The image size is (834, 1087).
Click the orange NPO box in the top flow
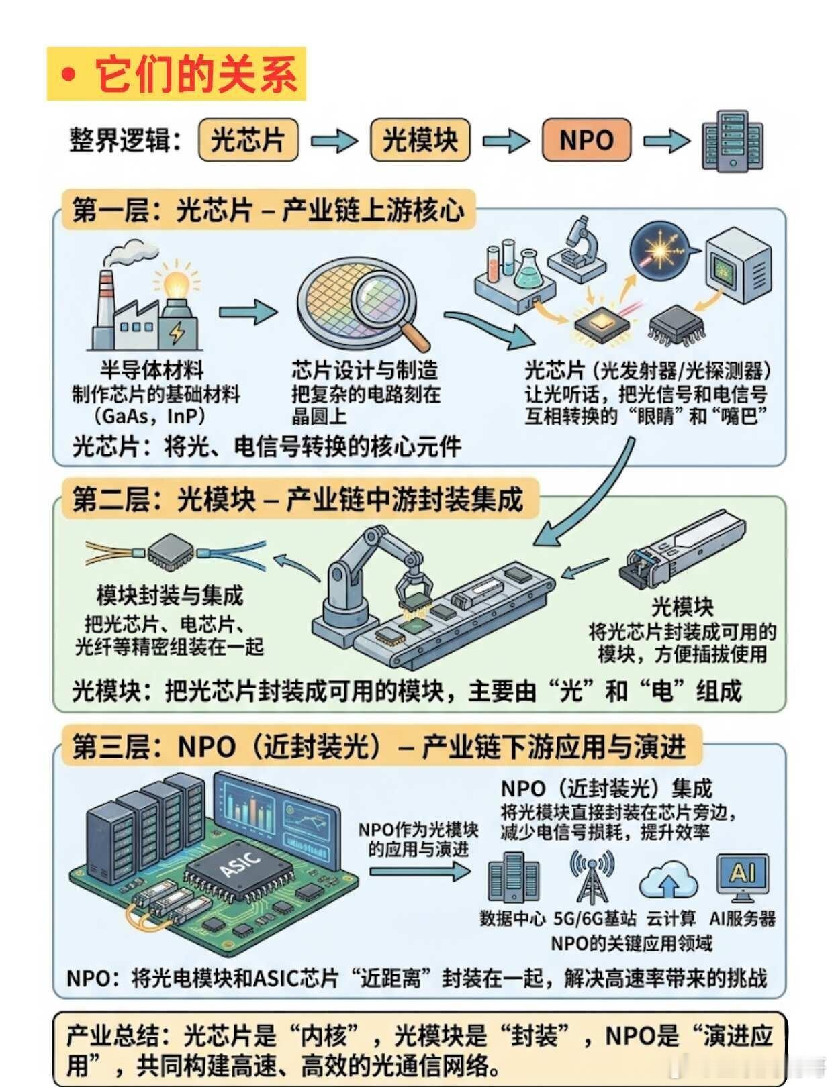(x=586, y=140)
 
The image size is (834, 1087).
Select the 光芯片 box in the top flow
(x=248, y=140)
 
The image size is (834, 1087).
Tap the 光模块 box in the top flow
(x=420, y=140)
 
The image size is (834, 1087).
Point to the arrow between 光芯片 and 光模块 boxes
(x=334, y=140)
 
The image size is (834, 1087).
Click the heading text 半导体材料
(x=152, y=370)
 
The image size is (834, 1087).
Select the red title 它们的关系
(x=195, y=74)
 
